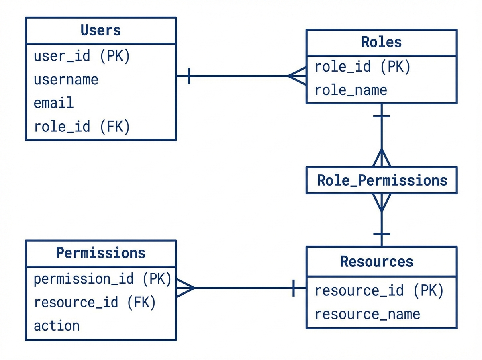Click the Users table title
click(100, 31)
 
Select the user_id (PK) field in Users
click(82, 56)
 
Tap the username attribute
click(66, 80)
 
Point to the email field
click(53, 103)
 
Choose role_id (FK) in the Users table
click(82, 127)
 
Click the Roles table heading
click(381, 42)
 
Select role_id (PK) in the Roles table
click(362, 67)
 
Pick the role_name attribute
click(351, 90)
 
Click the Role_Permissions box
click(382, 180)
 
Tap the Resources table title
click(377, 262)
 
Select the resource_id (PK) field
click(379, 290)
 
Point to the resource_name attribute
click(367, 314)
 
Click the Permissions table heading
click(100, 253)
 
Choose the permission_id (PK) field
click(102, 278)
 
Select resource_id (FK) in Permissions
click(94, 302)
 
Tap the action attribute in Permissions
click(57, 325)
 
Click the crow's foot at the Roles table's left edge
click(298, 76)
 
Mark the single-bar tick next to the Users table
click(189, 76)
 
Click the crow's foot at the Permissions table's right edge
click(185, 288)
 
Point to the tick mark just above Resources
click(381, 234)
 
